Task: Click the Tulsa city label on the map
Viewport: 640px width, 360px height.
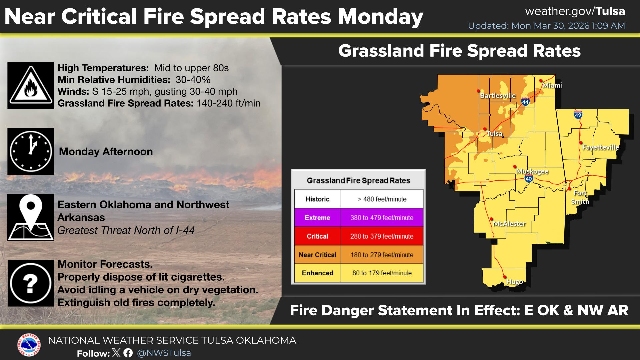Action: (494, 134)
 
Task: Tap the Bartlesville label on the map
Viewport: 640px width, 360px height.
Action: (498, 96)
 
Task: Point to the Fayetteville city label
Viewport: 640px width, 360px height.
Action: (601, 147)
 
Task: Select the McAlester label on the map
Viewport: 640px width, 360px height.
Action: (509, 224)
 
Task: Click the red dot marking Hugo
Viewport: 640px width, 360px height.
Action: (505, 277)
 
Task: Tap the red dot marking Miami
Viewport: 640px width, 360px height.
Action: (541, 81)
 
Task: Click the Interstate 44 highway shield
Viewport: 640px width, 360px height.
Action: (526, 101)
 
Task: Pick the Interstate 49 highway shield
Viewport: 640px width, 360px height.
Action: (578, 115)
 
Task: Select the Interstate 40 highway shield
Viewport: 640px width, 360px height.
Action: (529, 178)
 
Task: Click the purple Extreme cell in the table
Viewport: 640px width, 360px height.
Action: (317, 218)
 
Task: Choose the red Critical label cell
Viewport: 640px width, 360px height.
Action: (317, 236)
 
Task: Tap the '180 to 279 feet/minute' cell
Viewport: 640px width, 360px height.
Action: (382, 255)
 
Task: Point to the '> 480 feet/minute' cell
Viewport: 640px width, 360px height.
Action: (382, 199)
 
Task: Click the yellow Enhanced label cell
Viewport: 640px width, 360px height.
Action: (317, 273)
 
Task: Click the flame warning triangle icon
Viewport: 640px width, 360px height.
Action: (31, 85)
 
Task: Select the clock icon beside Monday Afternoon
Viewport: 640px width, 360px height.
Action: (31, 151)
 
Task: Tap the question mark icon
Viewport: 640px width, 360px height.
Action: (31, 283)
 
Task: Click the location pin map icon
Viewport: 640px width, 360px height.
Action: (31, 217)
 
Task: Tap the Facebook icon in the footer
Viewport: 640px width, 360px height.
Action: (128, 353)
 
